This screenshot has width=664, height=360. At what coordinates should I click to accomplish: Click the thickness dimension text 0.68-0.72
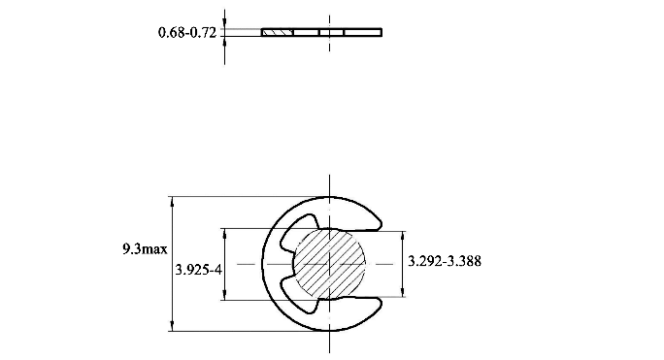click(x=187, y=33)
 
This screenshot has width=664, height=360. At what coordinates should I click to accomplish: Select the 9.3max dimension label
click(x=145, y=249)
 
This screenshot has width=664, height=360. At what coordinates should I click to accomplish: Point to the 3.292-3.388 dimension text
click(x=445, y=261)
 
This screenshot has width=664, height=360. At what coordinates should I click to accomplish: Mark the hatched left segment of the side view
click(x=277, y=33)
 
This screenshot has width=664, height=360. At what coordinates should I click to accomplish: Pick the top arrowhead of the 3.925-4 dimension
click(x=225, y=234)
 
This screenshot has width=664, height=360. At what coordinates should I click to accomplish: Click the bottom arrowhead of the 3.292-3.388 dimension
click(x=402, y=291)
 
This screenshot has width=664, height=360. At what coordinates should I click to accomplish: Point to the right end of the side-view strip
click(x=381, y=33)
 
